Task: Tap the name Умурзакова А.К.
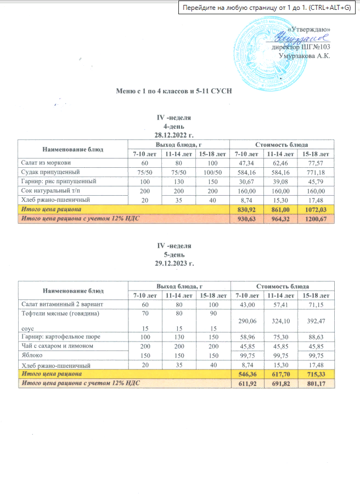click(305, 56)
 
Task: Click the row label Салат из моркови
click(46, 163)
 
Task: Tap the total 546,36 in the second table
click(245, 373)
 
